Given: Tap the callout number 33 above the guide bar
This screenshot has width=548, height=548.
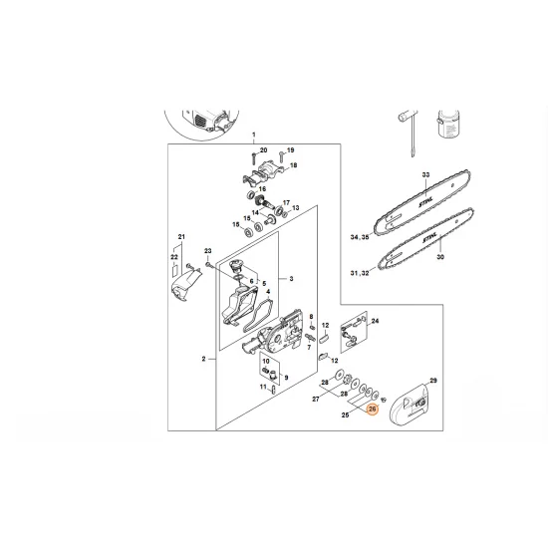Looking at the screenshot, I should coord(425,174).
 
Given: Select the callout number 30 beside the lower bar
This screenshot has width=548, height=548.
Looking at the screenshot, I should coord(440,256).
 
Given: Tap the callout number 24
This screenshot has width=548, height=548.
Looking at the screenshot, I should coord(375,322).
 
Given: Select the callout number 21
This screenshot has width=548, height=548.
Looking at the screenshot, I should coord(181,236).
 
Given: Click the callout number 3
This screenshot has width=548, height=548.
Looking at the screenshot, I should coord(290,279).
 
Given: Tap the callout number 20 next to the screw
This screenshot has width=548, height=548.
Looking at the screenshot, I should coord(264,150).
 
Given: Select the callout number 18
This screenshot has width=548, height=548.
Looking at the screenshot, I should coord(294,163).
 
